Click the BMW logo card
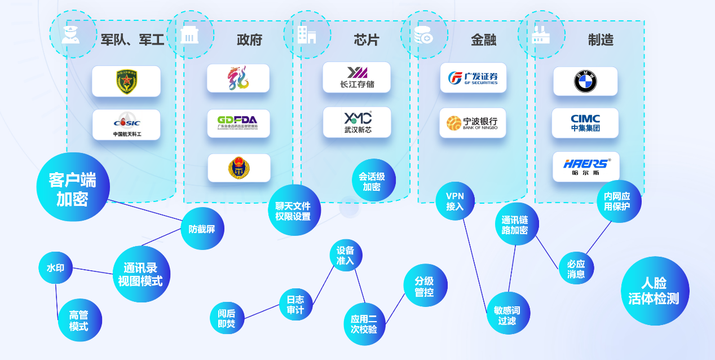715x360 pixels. click(585, 82)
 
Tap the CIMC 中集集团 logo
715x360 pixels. click(585, 123)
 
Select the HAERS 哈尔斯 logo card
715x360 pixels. click(586, 166)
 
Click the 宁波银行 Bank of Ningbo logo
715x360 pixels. click(473, 123)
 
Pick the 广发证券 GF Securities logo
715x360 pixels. click(473, 78)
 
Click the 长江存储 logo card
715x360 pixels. click(356, 77)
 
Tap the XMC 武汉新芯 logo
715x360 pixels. click(357, 122)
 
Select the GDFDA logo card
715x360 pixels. click(238, 123)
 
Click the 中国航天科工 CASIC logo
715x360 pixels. click(126, 125)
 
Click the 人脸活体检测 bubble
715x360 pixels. click(655, 291)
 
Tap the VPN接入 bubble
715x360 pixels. click(455, 201)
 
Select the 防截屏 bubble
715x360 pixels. click(202, 229)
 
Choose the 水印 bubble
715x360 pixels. click(55, 268)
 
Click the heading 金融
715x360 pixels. click(483, 39)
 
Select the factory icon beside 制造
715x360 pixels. click(541, 34)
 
